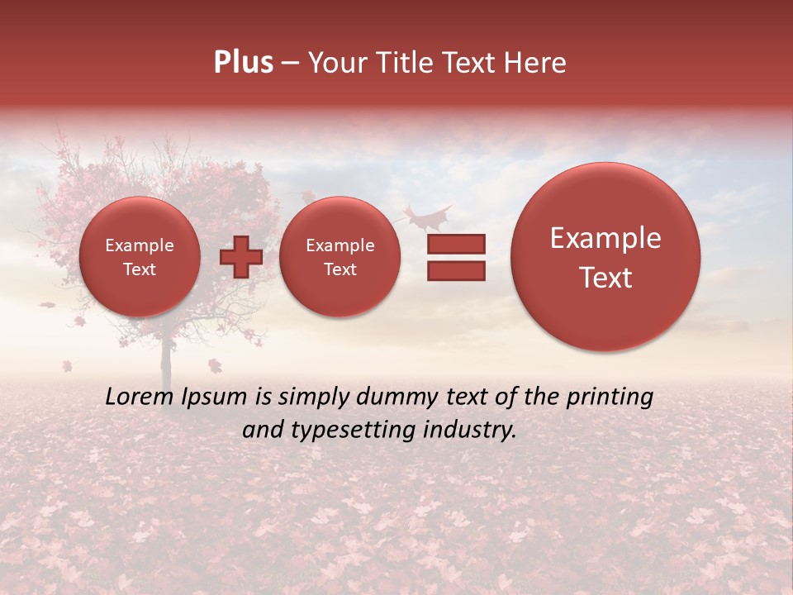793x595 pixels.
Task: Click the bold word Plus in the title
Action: tap(243, 63)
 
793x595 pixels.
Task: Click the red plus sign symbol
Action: tap(240, 257)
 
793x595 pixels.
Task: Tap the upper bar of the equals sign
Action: tap(456, 244)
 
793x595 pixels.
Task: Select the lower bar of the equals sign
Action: tap(456, 271)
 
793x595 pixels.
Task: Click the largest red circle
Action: tap(605, 257)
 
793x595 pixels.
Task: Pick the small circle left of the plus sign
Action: tap(140, 257)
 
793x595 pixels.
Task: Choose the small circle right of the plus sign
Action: tap(340, 257)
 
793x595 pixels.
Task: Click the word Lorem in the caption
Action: tap(141, 397)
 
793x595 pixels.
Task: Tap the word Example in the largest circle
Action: tap(605, 238)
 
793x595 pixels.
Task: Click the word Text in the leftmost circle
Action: tap(140, 269)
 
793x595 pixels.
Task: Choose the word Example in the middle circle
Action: tap(340, 245)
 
